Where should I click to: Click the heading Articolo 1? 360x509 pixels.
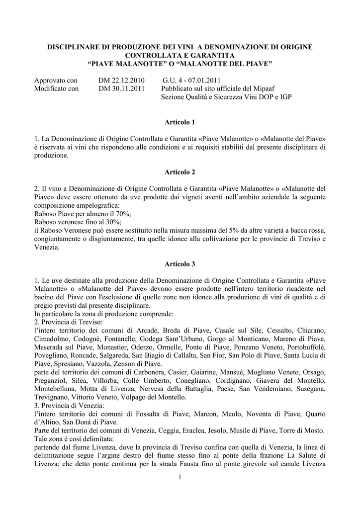(180, 122)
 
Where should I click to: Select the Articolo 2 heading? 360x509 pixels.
(180, 172)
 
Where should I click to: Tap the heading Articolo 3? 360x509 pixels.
(180, 263)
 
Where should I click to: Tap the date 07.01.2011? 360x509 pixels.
(204, 80)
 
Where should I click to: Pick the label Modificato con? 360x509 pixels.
(56, 88)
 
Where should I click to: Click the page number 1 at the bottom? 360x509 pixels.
(180, 478)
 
